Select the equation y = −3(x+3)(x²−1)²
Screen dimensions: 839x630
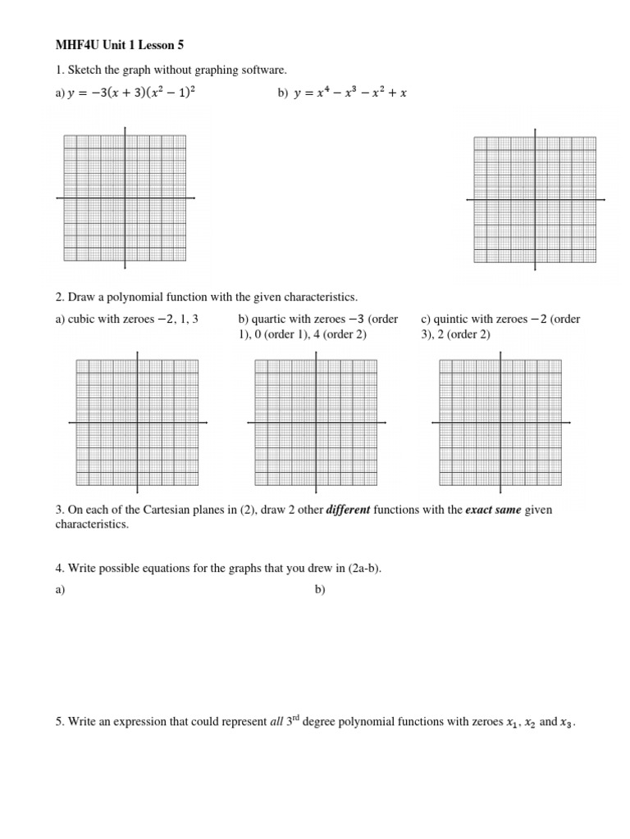131,93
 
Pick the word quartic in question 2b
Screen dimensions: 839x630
270,320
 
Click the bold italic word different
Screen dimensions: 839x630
349,510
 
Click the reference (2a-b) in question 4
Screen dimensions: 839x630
363,569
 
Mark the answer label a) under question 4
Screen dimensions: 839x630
60,590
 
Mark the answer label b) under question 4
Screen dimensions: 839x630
320,590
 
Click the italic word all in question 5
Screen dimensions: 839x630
277,722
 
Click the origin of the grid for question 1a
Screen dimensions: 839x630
125,198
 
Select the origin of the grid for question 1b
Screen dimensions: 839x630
536,199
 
